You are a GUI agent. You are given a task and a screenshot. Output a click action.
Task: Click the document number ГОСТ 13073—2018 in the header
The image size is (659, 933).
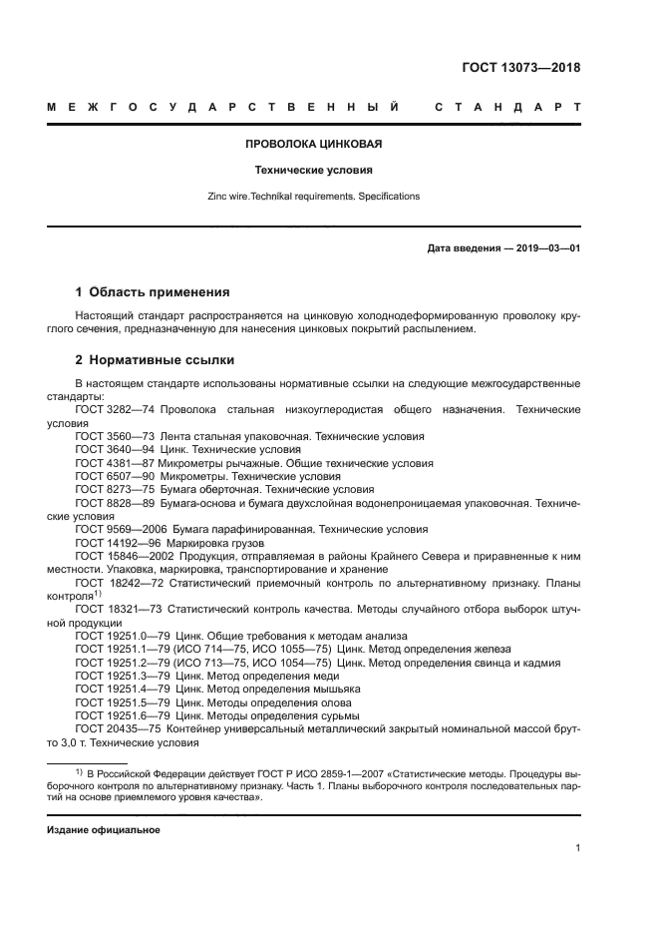coord(520,68)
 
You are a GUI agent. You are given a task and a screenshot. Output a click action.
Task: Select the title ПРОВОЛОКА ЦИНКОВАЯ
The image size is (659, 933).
coord(314,144)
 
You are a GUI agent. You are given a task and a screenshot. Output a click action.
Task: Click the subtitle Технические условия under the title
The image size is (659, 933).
coord(314,170)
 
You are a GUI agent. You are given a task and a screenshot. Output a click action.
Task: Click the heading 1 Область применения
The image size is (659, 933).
coord(153,292)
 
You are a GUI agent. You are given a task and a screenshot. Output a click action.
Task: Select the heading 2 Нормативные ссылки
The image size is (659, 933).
coord(156,360)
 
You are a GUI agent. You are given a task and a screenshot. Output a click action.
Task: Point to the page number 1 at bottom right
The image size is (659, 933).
coord(577,848)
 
